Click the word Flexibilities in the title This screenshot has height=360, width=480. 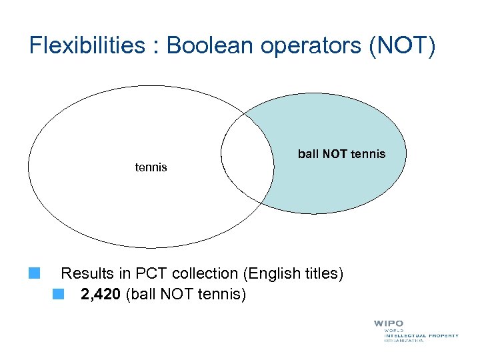pos(87,46)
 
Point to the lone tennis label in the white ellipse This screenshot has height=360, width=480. pos(151,167)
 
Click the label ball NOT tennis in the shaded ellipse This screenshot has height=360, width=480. pos(341,154)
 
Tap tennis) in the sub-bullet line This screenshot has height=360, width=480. pos(223,293)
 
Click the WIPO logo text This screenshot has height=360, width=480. pos(388,324)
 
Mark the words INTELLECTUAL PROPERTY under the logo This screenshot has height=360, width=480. pos(421,335)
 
